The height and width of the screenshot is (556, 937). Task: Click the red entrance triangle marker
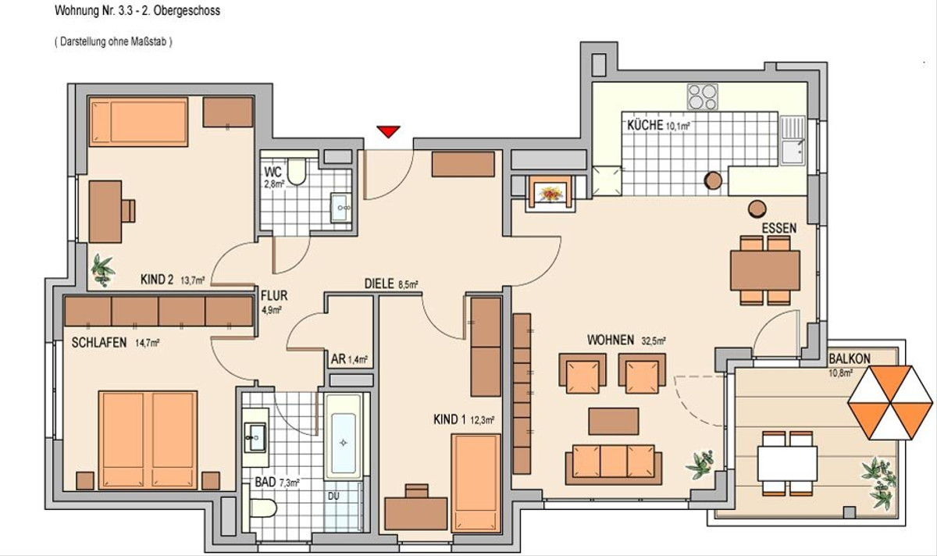(388, 131)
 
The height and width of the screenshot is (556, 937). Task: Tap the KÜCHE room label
(645, 125)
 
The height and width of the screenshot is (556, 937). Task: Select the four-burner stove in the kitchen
(703, 97)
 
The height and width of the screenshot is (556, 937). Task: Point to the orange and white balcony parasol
(890, 402)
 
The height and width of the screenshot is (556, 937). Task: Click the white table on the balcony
(787, 464)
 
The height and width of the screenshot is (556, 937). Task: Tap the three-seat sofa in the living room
(613, 465)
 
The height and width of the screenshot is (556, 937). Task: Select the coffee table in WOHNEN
(613, 421)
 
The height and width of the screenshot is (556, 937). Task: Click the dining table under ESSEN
(765, 270)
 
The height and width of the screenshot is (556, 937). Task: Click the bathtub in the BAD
(344, 437)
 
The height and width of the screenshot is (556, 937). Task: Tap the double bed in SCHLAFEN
(148, 440)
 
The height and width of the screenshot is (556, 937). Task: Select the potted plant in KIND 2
(102, 270)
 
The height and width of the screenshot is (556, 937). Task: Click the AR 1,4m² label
(349, 359)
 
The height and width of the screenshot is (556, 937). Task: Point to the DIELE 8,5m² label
(391, 284)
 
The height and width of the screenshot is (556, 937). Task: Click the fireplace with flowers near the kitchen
(551, 194)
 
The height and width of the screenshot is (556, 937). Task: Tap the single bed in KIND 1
(476, 483)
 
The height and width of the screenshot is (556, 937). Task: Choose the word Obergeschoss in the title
(187, 11)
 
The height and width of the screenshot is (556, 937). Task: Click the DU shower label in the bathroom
(333, 496)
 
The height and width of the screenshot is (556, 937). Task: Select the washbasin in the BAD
(255, 437)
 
